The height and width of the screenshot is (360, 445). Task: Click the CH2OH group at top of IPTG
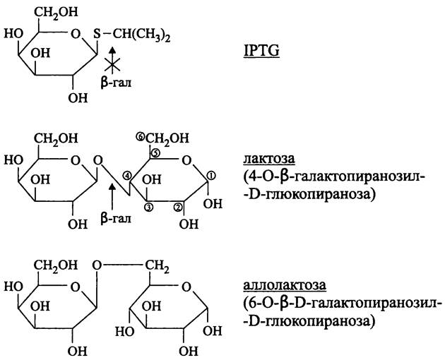click(49, 11)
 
